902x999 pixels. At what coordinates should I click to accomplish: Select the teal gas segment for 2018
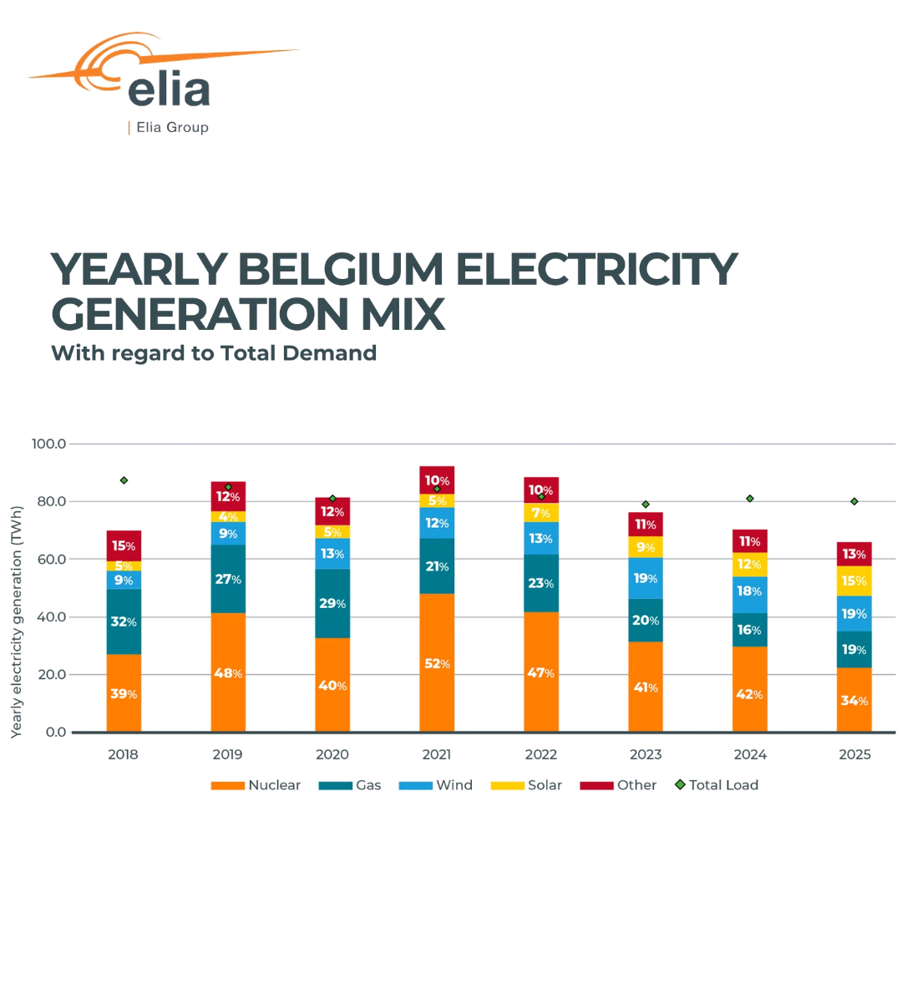pyautogui.click(x=124, y=621)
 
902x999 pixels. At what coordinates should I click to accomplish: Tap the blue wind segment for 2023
pyautogui.click(x=646, y=578)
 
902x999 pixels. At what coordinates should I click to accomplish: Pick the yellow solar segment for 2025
pyautogui.click(x=854, y=581)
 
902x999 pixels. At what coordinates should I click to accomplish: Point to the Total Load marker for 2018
pyautogui.click(x=124, y=480)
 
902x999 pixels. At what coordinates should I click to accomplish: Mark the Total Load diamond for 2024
pyautogui.click(x=750, y=499)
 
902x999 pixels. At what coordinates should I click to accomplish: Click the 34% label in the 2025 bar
pyautogui.click(x=854, y=701)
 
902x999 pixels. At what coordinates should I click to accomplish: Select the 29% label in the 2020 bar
pyautogui.click(x=332, y=603)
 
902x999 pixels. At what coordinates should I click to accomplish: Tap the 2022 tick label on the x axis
pyautogui.click(x=541, y=754)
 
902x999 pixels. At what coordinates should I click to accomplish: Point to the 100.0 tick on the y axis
pyautogui.click(x=49, y=444)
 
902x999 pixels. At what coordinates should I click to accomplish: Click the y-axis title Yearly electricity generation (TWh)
pyautogui.click(x=17, y=622)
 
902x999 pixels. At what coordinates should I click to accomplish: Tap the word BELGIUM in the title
pyautogui.click(x=342, y=269)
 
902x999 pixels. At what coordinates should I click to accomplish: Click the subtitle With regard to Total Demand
pyautogui.click(x=214, y=353)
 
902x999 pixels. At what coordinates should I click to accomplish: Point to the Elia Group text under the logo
pyautogui.click(x=172, y=127)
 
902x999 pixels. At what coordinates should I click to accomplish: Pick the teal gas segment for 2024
pyautogui.click(x=750, y=630)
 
